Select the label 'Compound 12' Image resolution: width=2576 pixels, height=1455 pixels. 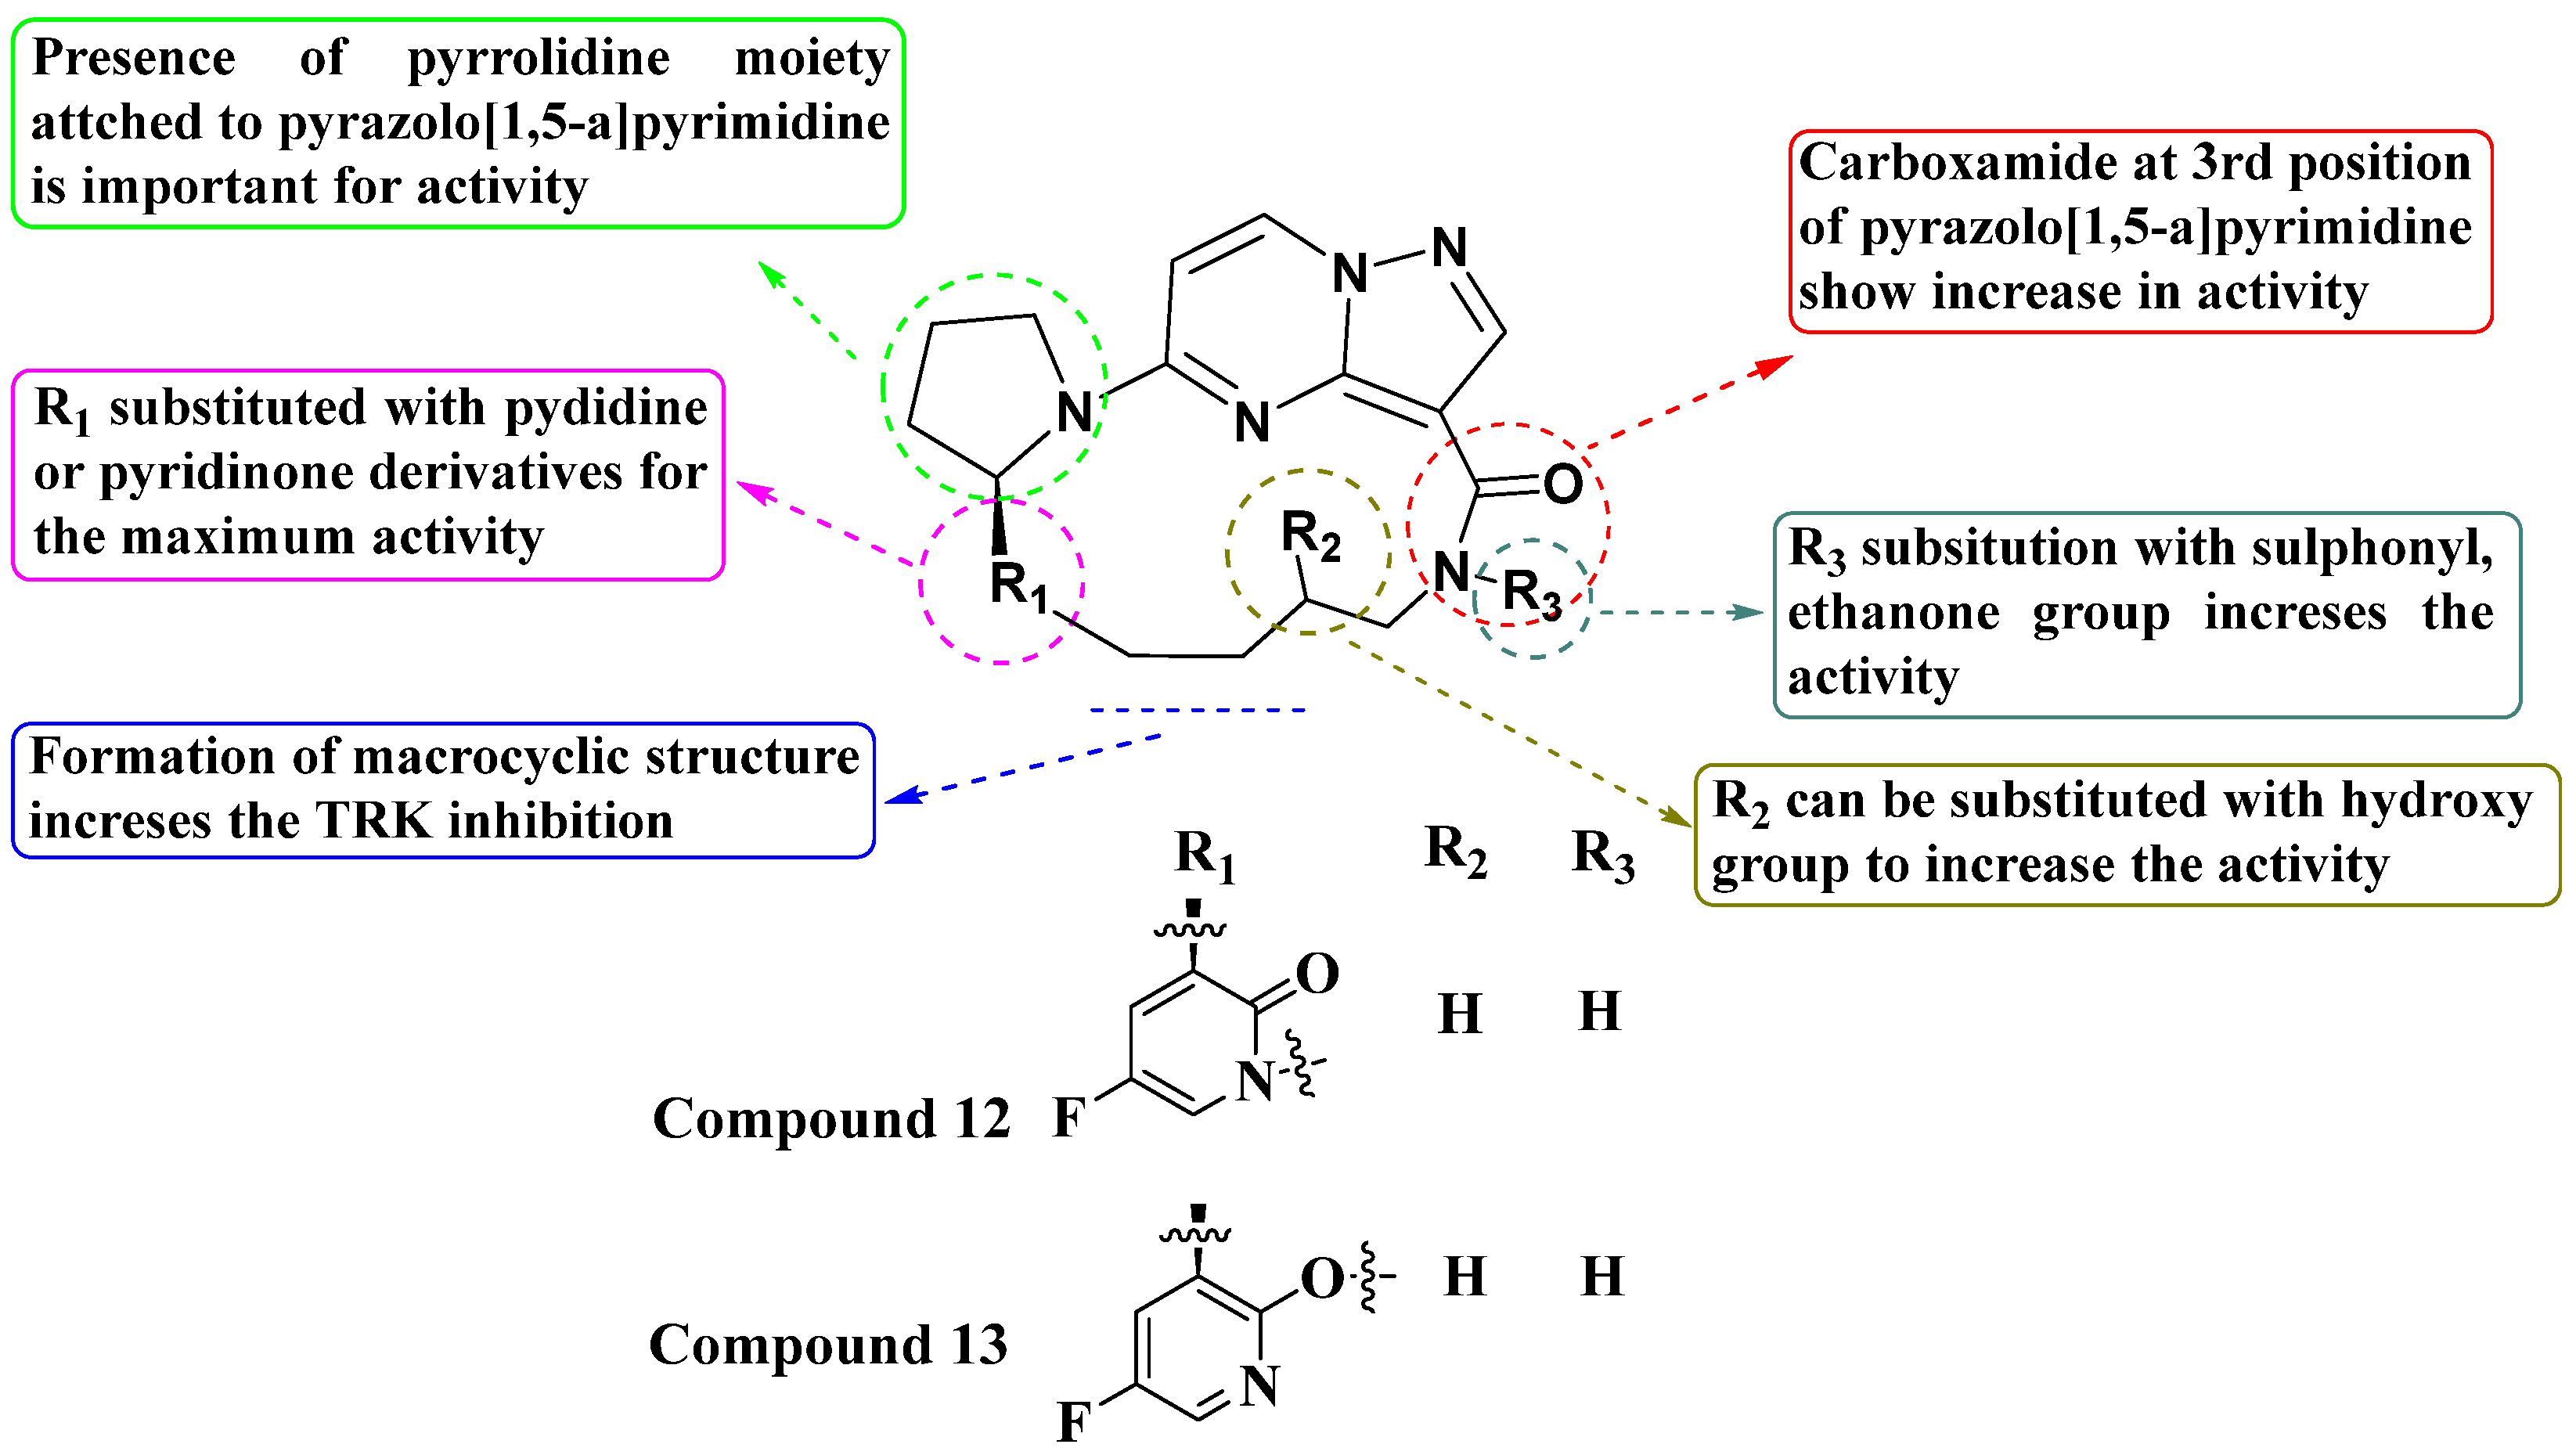(830, 1119)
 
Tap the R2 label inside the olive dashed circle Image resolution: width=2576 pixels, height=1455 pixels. (1310, 536)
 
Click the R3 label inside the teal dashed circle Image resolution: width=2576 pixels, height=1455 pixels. (1531, 594)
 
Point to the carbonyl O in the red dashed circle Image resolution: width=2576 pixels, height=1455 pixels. (1562, 485)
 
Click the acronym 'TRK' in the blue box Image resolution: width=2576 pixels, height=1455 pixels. (376, 822)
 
